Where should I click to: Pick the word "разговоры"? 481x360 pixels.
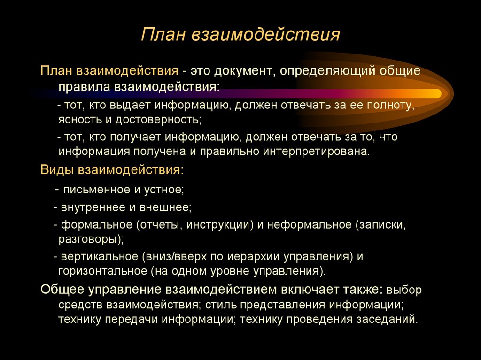pyautogui.click(x=89, y=239)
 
